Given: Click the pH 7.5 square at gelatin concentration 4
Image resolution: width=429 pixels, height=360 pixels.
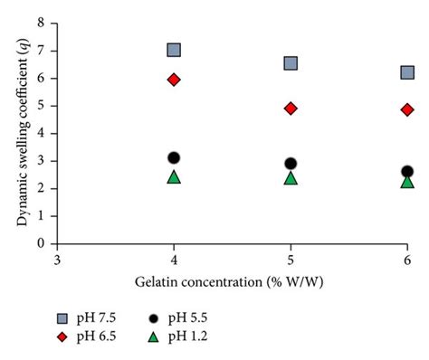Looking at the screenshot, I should [x=174, y=50].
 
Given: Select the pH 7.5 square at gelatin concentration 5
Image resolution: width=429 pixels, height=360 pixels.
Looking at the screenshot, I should [x=291, y=63].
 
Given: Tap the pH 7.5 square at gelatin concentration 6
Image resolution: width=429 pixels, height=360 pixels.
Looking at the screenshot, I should [x=407, y=72].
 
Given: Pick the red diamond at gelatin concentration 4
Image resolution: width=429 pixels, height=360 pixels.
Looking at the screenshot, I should [x=174, y=80].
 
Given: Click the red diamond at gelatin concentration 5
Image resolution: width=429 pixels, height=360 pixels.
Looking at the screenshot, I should [x=291, y=109].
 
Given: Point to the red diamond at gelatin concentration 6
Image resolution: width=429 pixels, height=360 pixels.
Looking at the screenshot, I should [x=407, y=109].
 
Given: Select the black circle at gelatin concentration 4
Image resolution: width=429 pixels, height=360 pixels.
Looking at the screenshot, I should [x=174, y=158].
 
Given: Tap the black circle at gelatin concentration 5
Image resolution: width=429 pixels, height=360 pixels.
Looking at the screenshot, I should [x=291, y=164].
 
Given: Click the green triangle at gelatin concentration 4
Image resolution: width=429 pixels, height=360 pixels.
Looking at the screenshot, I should [x=174, y=176].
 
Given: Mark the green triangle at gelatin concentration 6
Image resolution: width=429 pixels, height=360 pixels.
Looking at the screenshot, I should [x=407, y=181].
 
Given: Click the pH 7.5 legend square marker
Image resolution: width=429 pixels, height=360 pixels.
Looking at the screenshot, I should [x=62, y=317].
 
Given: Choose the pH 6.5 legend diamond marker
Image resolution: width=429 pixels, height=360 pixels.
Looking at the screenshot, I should [x=62, y=336].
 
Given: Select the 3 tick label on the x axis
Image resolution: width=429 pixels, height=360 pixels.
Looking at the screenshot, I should [x=57, y=260].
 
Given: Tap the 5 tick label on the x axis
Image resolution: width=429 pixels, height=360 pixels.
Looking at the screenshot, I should [x=291, y=260].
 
